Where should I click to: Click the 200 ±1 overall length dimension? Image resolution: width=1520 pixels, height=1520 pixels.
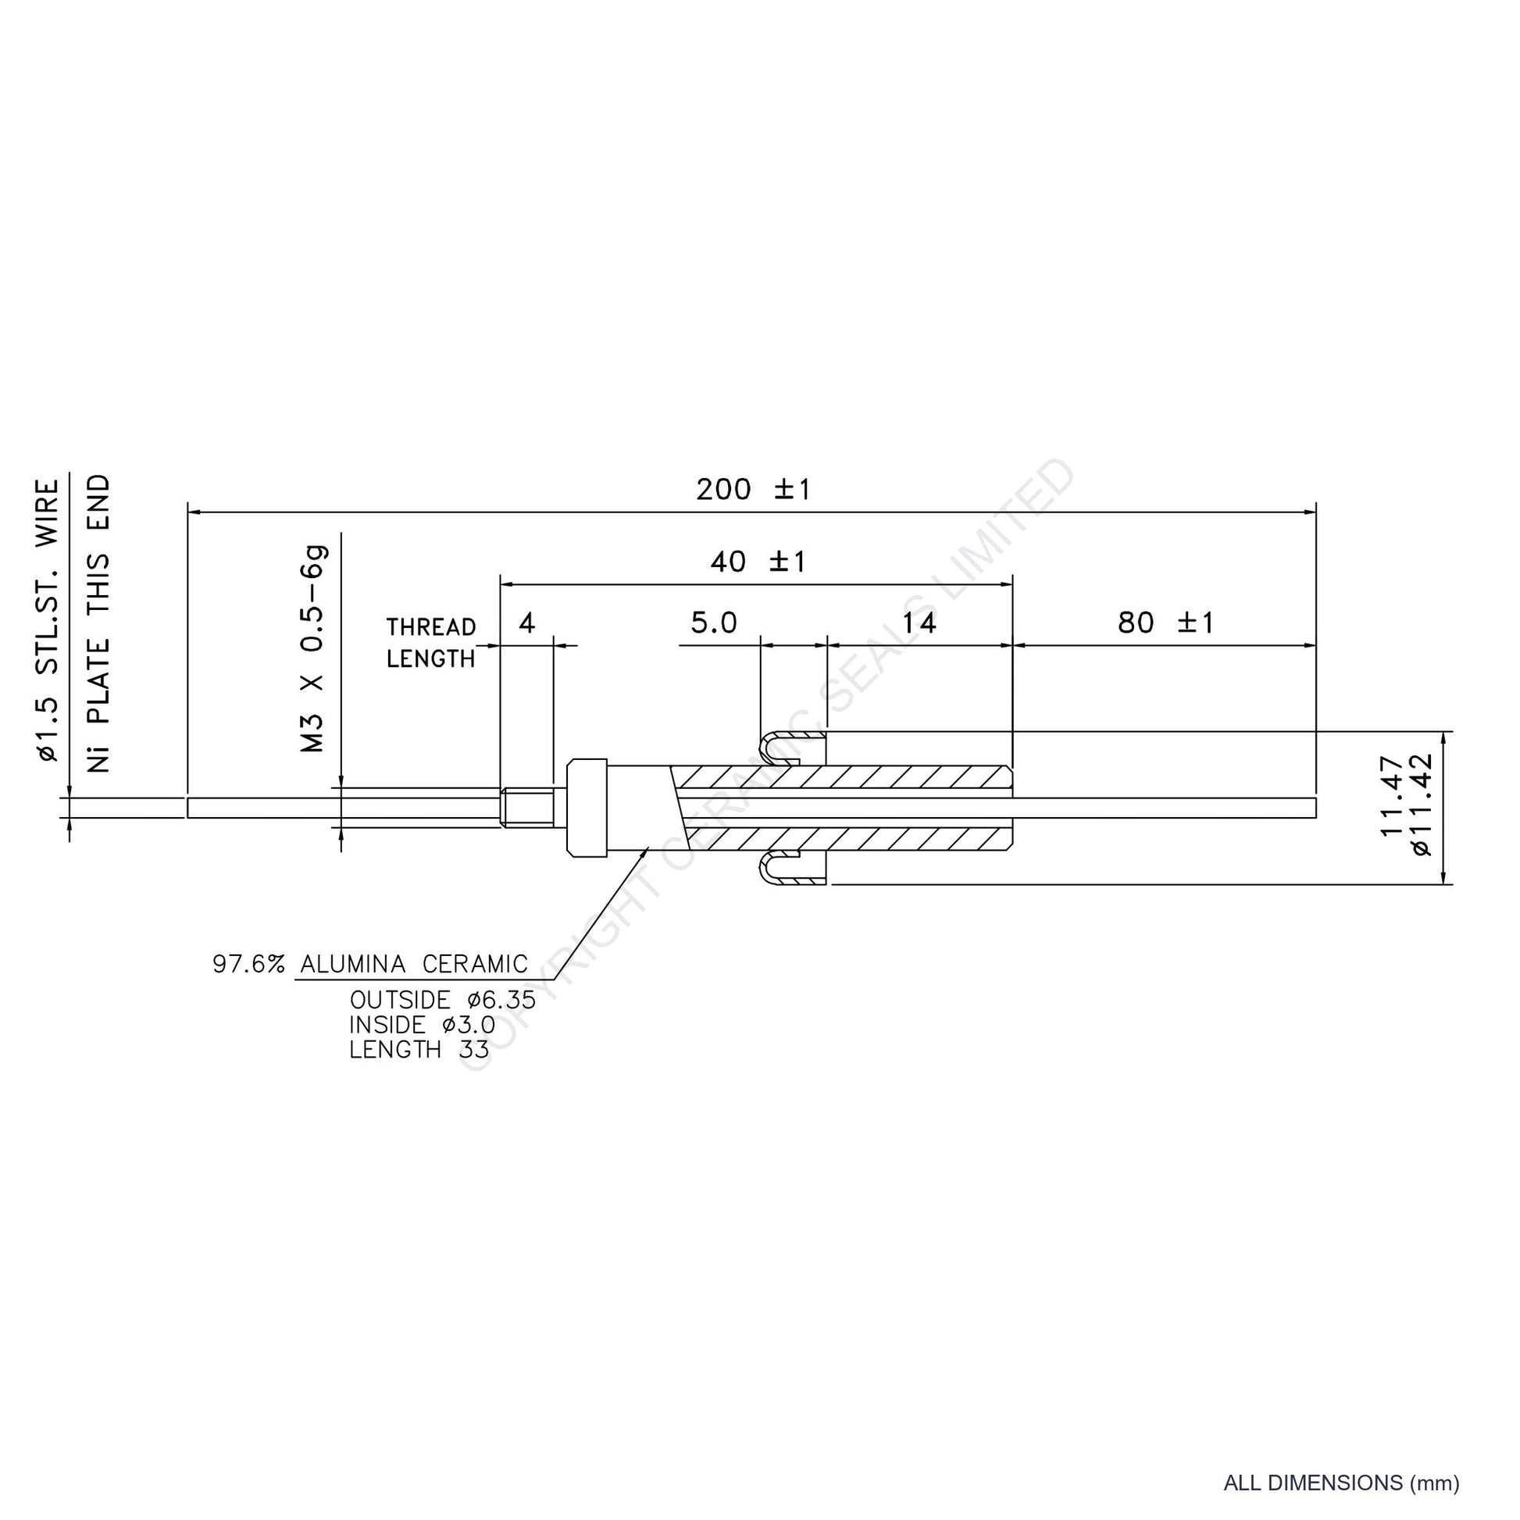pyautogui.click(x=753, y=491)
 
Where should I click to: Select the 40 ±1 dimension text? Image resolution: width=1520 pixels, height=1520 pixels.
pyautogui.click(x=758, y=562)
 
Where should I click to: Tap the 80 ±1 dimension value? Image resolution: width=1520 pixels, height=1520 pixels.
pyautogui.click(x=1166, y=623)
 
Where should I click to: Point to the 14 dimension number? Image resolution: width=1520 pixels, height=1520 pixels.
pyautogui.click(x=919, y=623)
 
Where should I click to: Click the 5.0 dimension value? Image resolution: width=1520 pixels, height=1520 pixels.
pyautogui.click(x=714, y=623)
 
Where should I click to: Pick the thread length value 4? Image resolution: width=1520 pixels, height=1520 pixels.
pyautogui.click(x=527, y=623)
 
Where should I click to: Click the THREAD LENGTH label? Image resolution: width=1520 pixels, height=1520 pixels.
pyautogui.click(x=431, y=643)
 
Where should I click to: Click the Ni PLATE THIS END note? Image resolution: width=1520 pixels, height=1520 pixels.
pyautogui.click(x=98, y=623)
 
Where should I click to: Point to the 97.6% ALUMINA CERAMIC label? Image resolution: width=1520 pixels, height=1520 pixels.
pyautogui.click(x=369, y=964)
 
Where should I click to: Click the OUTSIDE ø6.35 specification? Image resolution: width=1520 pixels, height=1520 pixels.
pyautogui.click(x=443, y=1001)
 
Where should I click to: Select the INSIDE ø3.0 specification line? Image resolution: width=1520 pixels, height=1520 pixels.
pyautogui.click(x=423, y=1025)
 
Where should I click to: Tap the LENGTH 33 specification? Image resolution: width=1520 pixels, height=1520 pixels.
pyautogui.click(x=419, y=1050)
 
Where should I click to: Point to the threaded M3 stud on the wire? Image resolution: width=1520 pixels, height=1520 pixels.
pyautogui.click(x=527, y=807)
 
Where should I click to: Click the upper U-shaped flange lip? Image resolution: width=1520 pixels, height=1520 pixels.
pyautogui.click(x=790, y=748)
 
